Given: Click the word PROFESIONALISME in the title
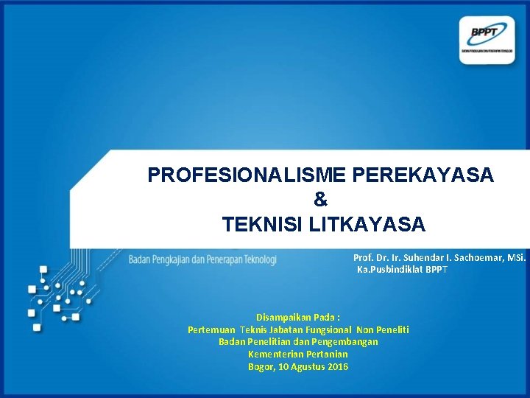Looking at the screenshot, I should tap(248, 175).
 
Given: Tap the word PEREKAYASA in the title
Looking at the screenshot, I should tap(424, 175).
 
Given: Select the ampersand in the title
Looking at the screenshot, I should tap(320, 199).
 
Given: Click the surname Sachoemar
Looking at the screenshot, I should tap(484, 258).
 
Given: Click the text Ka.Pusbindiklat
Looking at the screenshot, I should tap(390, 270).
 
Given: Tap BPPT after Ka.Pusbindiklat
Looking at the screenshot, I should tap(437, 270).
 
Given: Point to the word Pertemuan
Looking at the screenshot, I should tap(212, 329).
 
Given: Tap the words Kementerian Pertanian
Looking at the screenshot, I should tap(298, 355).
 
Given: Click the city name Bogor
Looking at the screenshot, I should tap(261, 367).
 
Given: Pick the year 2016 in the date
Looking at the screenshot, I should tap(338, 367).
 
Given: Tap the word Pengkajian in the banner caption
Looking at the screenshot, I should tap(174, 259).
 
